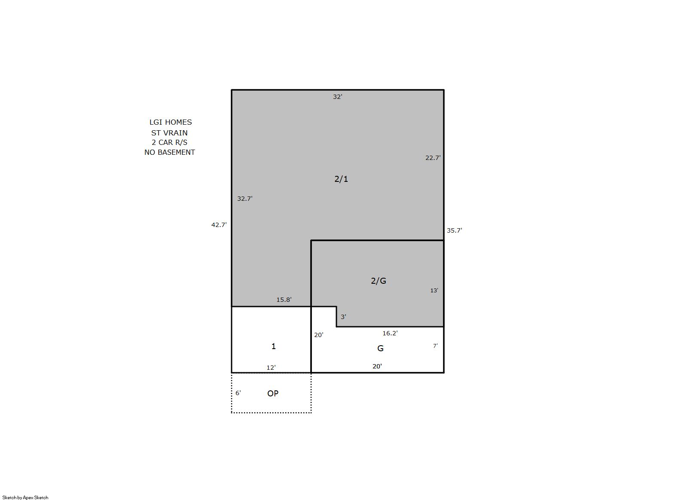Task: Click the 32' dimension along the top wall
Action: pos(337,97)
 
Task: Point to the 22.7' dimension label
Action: pos(433,158)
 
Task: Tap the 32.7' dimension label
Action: pos(245,199)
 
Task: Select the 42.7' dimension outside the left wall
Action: pos(219,225)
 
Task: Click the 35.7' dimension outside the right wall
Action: pos(454,230)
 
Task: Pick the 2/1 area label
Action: pos(341,179)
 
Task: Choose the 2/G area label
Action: pos(379,281)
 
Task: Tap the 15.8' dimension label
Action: pos(284,300)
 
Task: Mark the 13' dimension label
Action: pos(434,291)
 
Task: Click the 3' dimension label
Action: pos(343,317)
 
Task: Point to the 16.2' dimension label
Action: pos(390,333)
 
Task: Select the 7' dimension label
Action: pos(435,346)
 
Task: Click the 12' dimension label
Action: pos(271,368)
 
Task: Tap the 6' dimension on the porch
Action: pos(238,393)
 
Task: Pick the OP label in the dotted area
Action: pos(273,393)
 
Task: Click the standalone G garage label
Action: pos(380,349)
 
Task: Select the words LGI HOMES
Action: pos(171,122)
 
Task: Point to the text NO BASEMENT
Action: pos(170,152)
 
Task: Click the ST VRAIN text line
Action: pos(169,133)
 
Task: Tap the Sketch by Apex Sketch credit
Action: pos(25,497)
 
